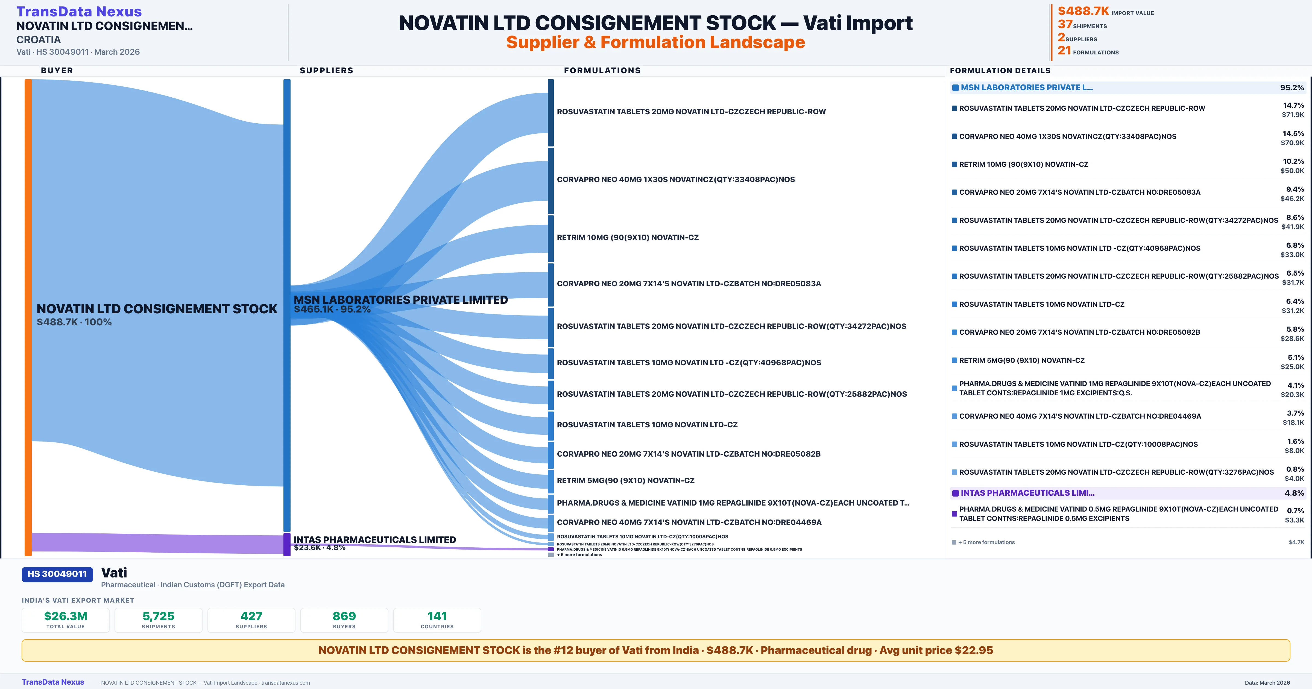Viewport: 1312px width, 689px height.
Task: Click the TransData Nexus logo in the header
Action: (x=79, y=11)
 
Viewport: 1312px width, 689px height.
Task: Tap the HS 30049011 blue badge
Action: (x=57, y=574)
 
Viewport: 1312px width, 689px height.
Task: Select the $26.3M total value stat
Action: (x=65, y=616)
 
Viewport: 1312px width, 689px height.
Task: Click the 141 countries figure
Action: (x=437, y=616)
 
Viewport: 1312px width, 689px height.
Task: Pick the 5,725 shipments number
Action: (x=159, y=616)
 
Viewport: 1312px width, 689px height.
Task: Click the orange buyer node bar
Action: (x=28, y=316)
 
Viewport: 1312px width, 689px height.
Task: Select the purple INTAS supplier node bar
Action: (x=287, y=544)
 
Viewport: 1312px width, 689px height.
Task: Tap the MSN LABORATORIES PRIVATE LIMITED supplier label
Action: (x=400, y=300)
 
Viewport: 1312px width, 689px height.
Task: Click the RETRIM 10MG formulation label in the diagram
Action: (x=628, y=238)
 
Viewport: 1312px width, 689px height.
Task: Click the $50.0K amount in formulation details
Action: (x=1292, y=171)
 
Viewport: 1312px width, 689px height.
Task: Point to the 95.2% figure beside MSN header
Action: (x=1291, y=88)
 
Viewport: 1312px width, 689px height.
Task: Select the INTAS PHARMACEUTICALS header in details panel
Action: (x=1027, y=493)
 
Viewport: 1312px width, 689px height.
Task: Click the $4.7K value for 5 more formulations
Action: (x=1296, y=542)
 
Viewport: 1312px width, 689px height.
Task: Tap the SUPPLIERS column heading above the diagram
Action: (x=326, y=70)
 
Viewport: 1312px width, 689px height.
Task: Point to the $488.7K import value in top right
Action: (x=1083, y=11)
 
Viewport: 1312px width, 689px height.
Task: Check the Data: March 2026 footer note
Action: (x=1267, y=682)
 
